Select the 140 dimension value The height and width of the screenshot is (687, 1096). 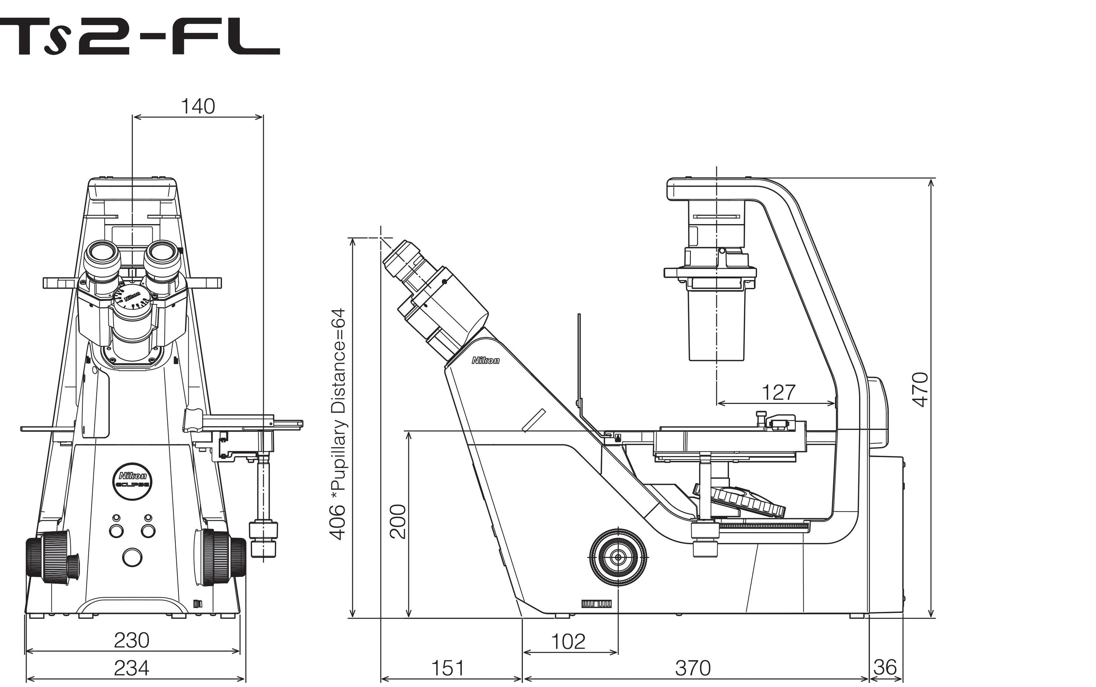[198, 106]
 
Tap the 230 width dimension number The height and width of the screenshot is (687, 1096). [131, 640]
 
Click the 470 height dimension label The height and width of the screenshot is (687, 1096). [920, 389]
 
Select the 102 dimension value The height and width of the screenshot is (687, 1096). [568, 642]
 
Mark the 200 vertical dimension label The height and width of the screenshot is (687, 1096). [398, 521]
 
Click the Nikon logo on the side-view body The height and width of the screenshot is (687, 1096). [485, 361]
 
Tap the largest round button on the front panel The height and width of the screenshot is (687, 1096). [132, 557]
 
